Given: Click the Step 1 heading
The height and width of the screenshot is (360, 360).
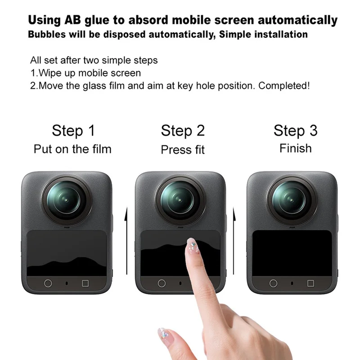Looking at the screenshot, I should coord(73,131).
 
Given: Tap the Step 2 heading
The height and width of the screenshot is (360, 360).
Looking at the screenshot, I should coord(183,131).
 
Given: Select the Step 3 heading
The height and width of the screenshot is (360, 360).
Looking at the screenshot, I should coord(295,131).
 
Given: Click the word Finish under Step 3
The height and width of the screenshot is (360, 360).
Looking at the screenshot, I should coord(295,148).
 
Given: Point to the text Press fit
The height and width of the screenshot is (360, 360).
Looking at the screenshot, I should coord(183,149).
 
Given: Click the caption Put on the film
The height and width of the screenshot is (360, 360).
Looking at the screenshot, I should coord(72,149).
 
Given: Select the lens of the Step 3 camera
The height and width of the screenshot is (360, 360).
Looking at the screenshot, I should coord(292,199).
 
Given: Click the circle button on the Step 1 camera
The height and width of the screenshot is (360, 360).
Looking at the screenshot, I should coord(48,283).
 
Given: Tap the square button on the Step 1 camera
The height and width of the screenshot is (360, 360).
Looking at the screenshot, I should coord(85,283).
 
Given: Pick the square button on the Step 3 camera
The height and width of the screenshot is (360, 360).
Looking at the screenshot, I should coord(310,283).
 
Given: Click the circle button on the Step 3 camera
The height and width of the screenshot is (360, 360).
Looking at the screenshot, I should coord(273,283).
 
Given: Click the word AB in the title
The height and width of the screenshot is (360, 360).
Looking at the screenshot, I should coord(71,20).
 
